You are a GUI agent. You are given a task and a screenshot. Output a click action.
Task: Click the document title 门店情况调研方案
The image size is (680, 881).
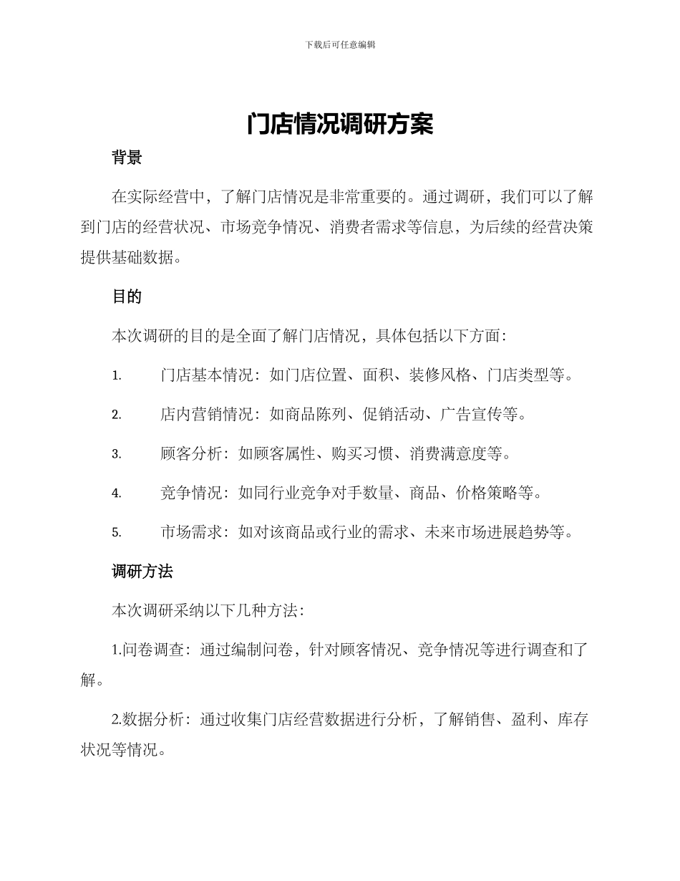[x=340, y=125]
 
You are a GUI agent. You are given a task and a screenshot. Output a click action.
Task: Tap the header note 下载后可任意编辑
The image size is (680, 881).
[x=340, y=44]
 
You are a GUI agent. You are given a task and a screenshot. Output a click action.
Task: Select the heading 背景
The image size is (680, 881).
[x=127, y=158]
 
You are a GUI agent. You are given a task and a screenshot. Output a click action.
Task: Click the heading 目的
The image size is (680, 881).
[x=127, y=297]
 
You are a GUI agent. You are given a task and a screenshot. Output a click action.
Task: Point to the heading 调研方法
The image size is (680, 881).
[x=142, y=571]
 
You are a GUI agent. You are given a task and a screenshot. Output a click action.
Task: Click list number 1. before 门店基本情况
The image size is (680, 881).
[x=117, y=375]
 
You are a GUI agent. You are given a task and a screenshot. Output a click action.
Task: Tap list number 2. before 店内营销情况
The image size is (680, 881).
[x=117, y=415]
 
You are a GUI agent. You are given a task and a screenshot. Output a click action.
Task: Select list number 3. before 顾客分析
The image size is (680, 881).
[x=117, y=454]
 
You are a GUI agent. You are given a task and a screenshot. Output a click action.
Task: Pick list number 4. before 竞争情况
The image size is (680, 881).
[x=117, y=494]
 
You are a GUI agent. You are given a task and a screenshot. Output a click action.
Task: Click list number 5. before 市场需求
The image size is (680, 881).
[x=117, y=533]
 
